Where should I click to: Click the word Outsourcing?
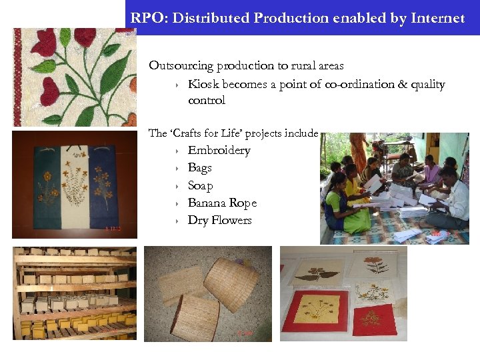(x=181, y=65)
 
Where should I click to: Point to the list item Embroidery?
(x=219, y=151)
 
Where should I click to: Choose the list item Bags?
(x=199, y=168)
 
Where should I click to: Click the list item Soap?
(x=200, y=185)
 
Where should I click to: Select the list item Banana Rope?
(x=222, y=203)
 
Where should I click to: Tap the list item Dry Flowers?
(x=219, y=220)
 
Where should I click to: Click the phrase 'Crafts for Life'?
(x=199, y=133)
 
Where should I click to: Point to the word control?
(x=207, y=101)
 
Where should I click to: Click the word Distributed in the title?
(x=211, y=18)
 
